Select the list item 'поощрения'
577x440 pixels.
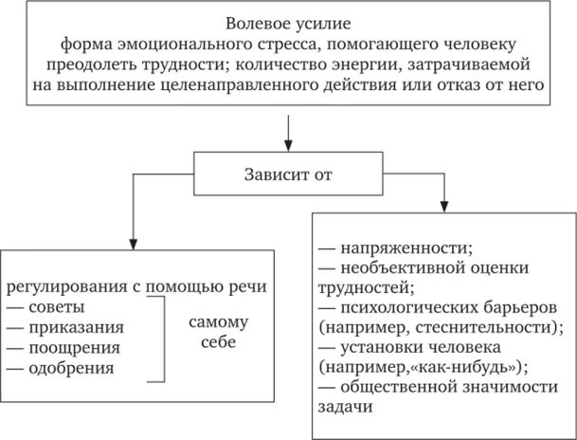click(x=69, y=347)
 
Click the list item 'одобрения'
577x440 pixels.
click(x=69, y=367)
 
